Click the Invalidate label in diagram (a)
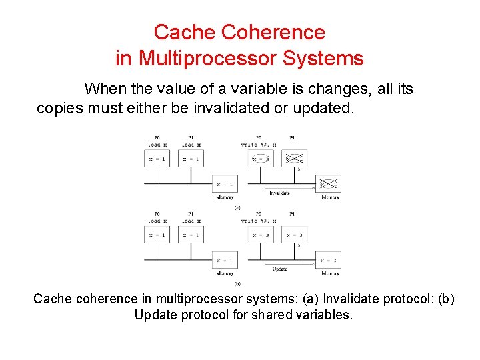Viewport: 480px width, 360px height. click(x=279, y=193)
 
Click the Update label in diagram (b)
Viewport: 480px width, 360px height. click(x=279, y=269)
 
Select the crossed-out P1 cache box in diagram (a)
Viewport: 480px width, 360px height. click(x=293, y=159)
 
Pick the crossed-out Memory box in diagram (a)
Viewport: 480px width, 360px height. click(x=329, y=184)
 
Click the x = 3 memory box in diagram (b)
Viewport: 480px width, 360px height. click(x=329, y=260)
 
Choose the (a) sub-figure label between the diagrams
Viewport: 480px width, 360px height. click(x=237, y=208)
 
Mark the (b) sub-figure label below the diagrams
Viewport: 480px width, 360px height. click(x=237, y=283)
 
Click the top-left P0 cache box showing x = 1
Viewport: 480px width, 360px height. click(x=157, y=159)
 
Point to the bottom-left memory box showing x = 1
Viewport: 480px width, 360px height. click(x=224, y=260)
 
